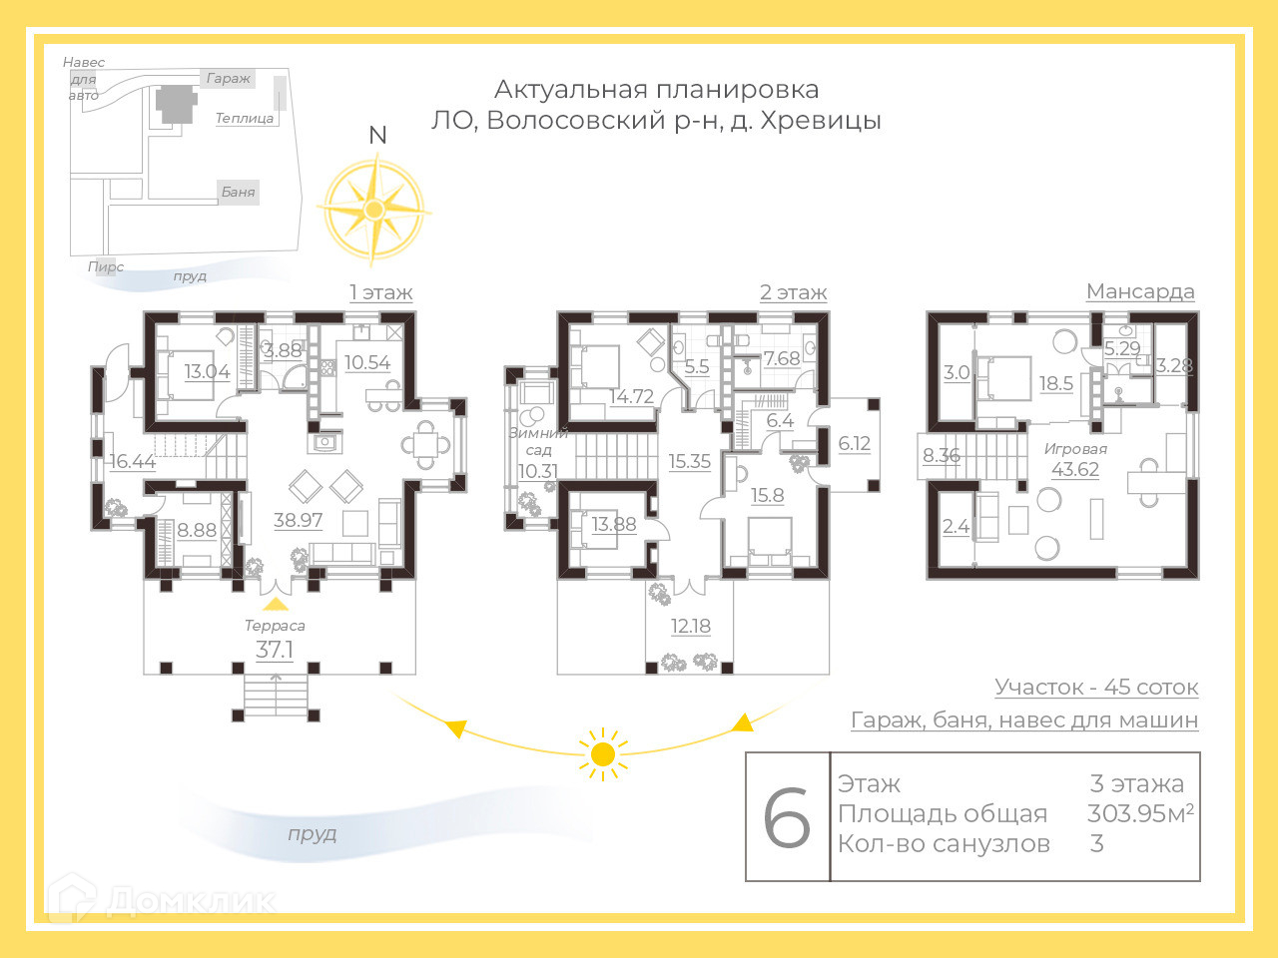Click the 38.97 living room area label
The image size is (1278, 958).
coord(299,520)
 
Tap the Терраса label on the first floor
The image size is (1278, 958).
coord(275,626)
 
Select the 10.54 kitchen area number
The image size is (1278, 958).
coord(367,362)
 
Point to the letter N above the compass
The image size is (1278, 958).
coord(377,135)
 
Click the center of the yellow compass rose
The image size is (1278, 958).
coord(373,209)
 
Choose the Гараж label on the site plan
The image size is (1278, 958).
coord(229,78)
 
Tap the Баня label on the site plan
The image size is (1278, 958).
coord(239,192)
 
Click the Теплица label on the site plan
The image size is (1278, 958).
coord(245,118)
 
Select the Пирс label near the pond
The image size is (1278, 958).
coord(106,267)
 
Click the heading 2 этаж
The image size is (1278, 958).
coord(793,292)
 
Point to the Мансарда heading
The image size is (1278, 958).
coord(1140,291)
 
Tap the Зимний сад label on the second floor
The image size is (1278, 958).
coord(538,441)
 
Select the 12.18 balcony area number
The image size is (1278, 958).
coord(691,626)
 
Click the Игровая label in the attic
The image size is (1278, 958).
coord(1075,449)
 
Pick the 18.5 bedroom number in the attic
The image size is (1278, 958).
coord(1056,383)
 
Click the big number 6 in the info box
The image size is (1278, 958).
coord(787,817)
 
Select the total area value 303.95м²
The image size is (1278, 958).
coord(1140,813)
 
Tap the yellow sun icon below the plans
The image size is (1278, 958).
coord(603,754)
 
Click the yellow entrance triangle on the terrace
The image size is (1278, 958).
coord(275,605)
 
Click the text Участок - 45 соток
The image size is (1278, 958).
coord(1096,688)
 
